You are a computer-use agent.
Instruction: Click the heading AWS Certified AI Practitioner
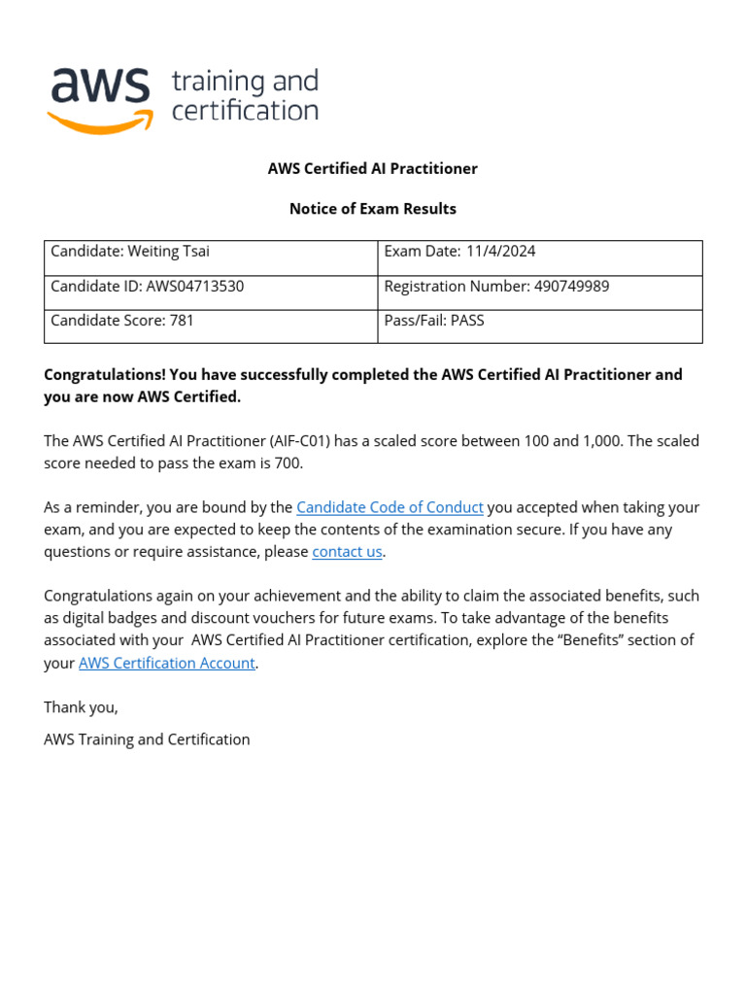[373, 168]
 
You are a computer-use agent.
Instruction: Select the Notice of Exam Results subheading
[373, 208]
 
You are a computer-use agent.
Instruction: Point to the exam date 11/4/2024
[500, 251]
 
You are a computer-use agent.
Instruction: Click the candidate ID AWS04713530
[194, 286]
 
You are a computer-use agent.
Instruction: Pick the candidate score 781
[182, 320]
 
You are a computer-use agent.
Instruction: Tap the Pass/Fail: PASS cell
[433, 320]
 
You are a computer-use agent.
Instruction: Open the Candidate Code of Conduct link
[390, 507]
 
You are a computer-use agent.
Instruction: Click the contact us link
[347, 552]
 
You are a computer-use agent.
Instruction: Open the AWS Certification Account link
[167, 663]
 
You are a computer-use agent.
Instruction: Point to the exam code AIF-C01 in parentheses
[300, 441]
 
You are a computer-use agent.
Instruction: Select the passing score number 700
[288, 463]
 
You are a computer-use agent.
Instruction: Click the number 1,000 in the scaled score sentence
[599, 441]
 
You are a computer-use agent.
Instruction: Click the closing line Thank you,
[81, 706]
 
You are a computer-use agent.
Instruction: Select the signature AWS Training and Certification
[147, 739]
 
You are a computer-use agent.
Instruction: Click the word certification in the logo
[245, 111]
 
